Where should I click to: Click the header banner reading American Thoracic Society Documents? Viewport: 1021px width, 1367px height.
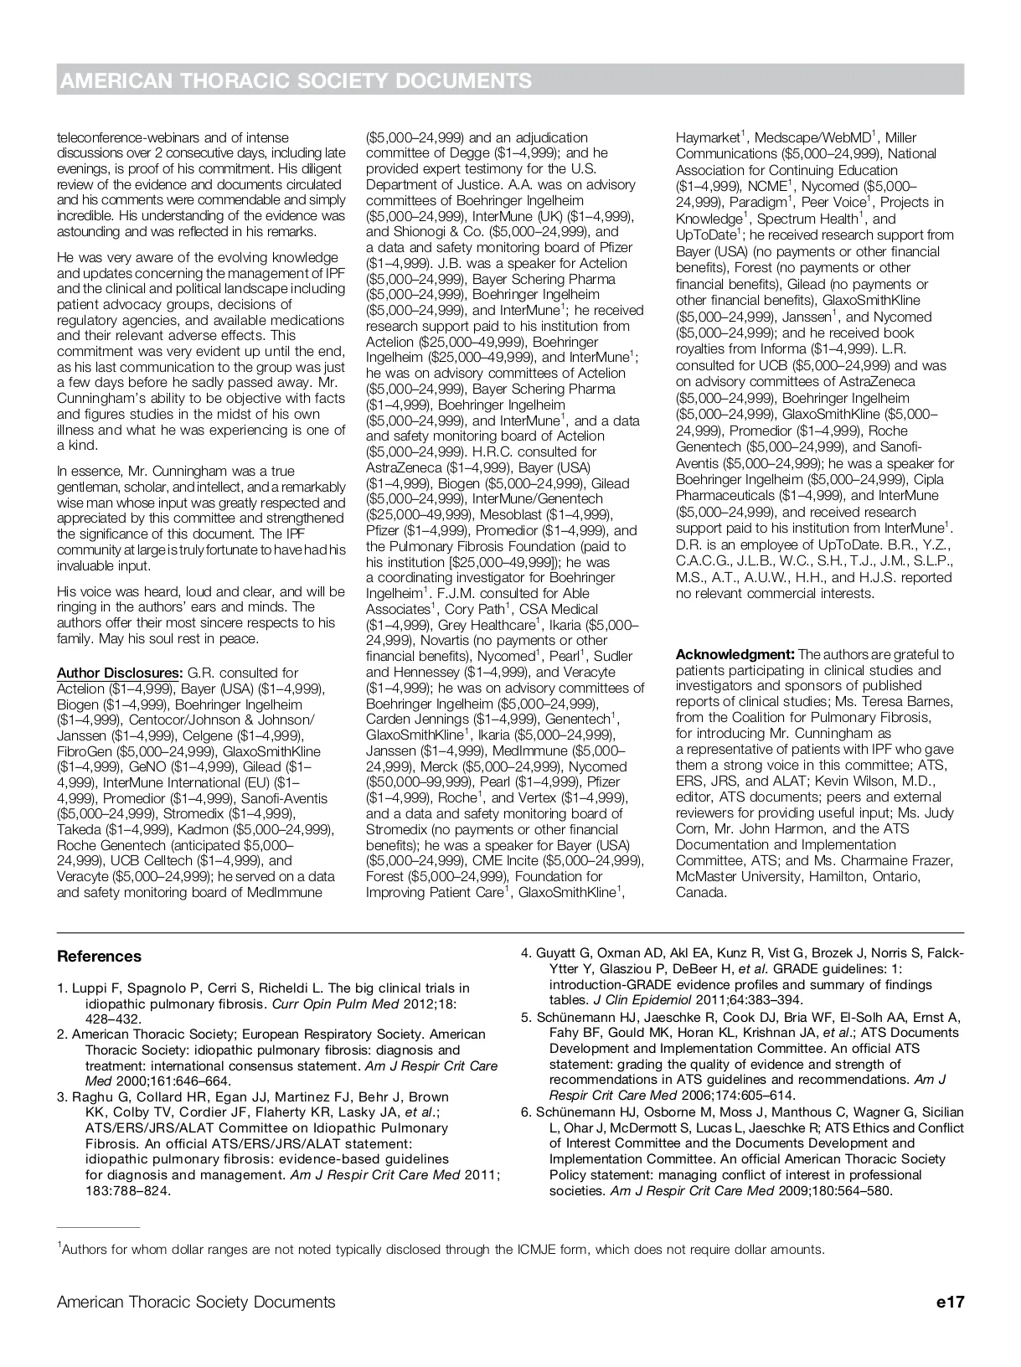click(295, 80)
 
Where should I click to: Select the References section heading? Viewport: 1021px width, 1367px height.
click(99, 957)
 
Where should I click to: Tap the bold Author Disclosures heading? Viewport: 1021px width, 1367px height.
click(119, 673)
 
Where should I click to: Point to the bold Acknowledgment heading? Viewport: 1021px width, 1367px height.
click(735, 654)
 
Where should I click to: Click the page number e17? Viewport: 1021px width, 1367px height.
click(951, 1302)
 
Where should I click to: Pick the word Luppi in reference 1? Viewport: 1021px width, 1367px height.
click(90, 988)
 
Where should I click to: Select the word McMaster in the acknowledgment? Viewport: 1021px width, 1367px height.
click(705, 876)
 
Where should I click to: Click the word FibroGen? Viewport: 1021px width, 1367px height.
click(85, 751)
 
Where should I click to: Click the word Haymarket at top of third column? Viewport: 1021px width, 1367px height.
click(708, 137)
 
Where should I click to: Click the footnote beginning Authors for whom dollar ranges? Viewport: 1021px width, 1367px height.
click(442, 1250)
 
